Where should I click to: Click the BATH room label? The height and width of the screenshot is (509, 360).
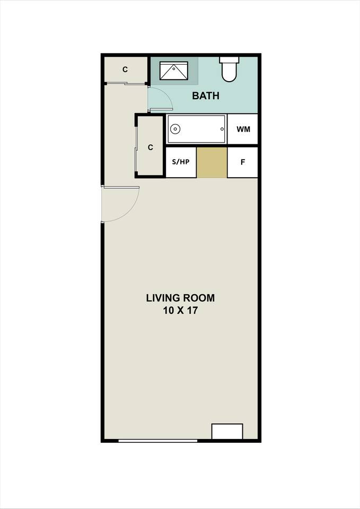[205, 96]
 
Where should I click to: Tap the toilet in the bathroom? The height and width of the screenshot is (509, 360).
[229, 71]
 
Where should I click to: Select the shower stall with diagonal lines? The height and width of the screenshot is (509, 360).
[174, 71]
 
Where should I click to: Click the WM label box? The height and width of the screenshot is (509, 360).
[243, 129]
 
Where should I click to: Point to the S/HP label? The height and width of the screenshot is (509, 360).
[181, 162]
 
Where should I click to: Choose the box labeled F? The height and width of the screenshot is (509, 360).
[243, 162]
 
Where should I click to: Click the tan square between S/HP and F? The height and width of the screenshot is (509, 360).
[212, 162]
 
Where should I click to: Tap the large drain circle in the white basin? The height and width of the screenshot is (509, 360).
[175, 129]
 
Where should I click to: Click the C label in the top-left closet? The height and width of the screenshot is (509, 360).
[125, 69]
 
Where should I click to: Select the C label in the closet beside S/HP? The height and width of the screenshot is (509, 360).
[151, 147]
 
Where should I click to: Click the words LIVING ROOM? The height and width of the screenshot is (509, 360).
[180, 297]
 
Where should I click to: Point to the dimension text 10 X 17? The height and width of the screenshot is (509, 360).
[180, 311]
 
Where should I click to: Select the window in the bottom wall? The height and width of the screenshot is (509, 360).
[157, 440]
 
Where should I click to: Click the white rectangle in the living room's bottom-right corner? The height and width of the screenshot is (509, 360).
[227, 431]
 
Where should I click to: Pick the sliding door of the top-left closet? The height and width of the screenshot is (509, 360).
[126, 83]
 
